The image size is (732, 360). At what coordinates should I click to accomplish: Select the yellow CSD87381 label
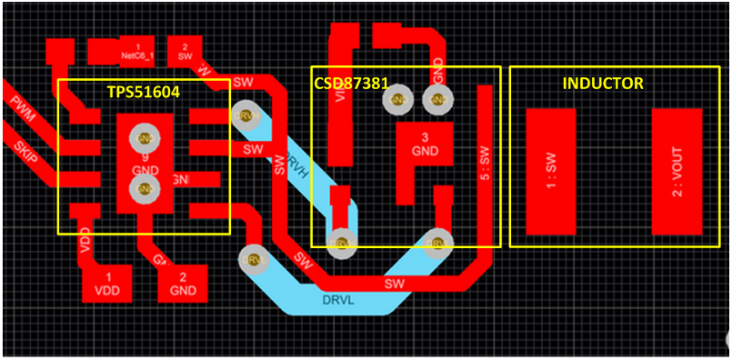click(352, 83)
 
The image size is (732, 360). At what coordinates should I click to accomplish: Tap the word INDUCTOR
click(603, 84)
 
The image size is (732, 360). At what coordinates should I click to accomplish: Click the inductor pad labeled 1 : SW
click(550, 171)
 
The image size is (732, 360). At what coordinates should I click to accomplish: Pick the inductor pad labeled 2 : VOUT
click(677, 171)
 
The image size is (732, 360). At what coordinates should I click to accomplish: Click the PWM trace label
click(24, 105)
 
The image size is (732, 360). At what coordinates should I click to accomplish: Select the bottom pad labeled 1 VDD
click(108, 283)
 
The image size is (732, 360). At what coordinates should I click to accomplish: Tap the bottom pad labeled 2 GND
click(183, 283)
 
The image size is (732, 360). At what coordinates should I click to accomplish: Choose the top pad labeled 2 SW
click(186, 50)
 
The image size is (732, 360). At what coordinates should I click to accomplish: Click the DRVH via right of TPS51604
click(246, 116)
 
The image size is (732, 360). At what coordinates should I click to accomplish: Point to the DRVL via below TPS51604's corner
click(252, 259)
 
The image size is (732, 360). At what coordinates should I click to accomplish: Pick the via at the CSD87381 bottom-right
click(438, 243)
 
